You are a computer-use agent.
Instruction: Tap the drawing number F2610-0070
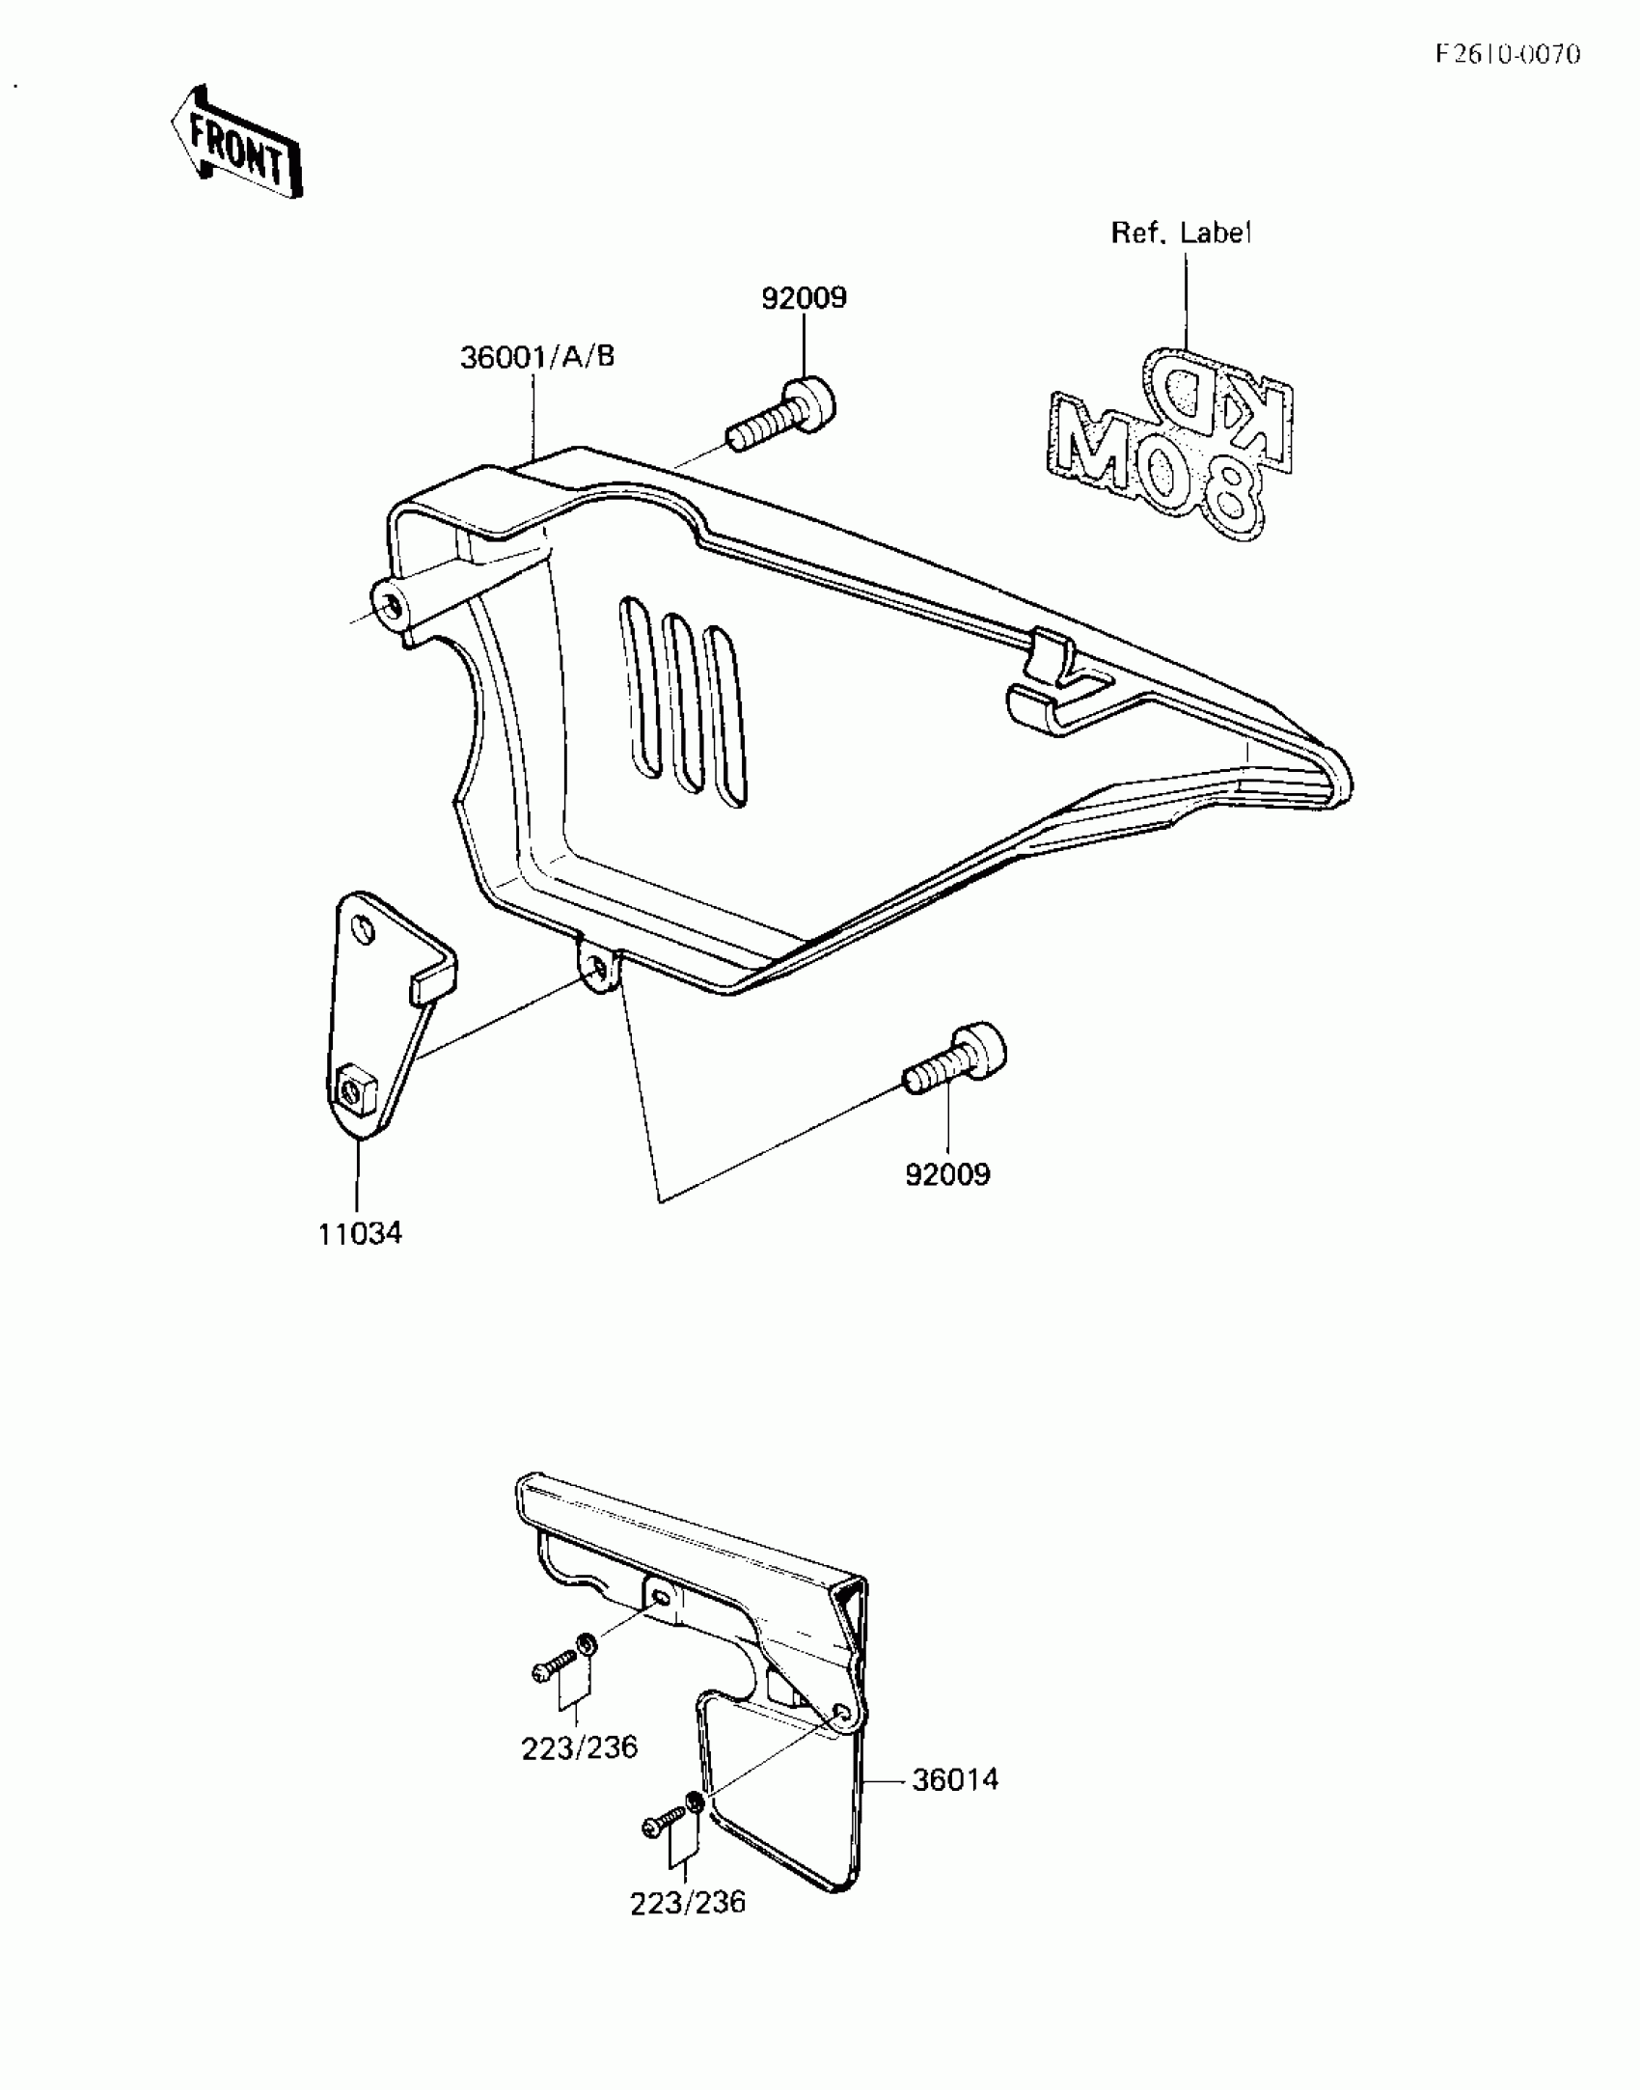[1507, 54]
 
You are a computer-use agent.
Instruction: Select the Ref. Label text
[1181, 233]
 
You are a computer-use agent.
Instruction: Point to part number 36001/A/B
[537, 357]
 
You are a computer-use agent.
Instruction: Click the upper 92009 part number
[804, 298]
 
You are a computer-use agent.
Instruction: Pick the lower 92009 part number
[947, 1174]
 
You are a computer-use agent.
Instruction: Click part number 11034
[360, 1233]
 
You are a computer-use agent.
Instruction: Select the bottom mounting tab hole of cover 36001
[598, 966]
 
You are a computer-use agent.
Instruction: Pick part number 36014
[955, 1779]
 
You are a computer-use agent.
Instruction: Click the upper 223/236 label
[580, 1747]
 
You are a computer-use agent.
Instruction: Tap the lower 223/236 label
[688, 1902]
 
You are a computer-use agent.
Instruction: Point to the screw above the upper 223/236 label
[554, 1666]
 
